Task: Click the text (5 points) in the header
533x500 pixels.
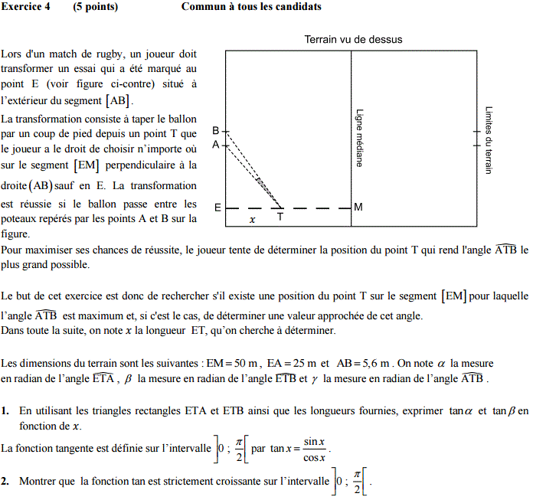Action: point(96,7)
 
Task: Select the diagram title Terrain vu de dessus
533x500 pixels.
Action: point(353,40)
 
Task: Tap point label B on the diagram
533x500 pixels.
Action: point(216,131)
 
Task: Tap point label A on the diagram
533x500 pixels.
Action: point(216,144)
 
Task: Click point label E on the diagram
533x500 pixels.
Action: point(217,208)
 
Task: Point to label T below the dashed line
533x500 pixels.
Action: point(280,217)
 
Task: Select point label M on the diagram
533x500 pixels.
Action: point(358,208)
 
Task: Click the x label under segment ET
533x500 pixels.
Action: point(253,219)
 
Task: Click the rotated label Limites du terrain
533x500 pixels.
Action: point(489,140)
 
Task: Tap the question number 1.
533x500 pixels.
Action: point(5,411)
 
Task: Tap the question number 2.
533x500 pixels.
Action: point(5,482)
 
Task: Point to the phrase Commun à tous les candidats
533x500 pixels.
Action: point(251,7)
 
